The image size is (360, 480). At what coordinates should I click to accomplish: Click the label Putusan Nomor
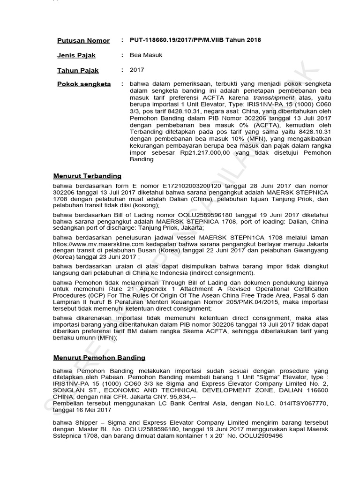83,41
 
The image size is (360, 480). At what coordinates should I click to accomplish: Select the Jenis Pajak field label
76,55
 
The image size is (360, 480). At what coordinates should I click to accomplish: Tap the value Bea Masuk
146,55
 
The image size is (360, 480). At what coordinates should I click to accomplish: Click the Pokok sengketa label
84,84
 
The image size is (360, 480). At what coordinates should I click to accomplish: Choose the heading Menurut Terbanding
87,176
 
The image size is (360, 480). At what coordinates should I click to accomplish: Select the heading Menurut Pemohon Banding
99,358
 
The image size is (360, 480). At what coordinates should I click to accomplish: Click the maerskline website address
88,245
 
